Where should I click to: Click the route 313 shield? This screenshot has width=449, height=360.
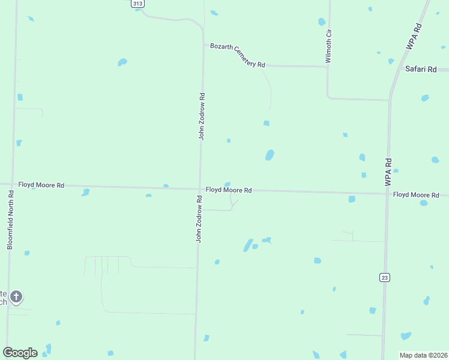138,4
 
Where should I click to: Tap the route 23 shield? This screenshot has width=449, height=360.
384,277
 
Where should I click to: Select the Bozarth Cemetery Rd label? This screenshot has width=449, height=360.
238,56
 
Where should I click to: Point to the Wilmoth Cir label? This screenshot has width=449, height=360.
328,46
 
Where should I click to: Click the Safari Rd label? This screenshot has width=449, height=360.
420,69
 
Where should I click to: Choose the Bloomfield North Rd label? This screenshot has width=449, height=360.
10,220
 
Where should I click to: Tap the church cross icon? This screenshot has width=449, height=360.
17,296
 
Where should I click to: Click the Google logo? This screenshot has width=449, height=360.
20,353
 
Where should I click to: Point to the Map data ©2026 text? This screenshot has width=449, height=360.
424,355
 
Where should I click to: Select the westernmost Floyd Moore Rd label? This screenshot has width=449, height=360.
41,185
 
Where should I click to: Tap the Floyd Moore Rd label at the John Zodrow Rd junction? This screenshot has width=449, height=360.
229,190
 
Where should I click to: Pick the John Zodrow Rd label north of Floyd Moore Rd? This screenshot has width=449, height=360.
202,116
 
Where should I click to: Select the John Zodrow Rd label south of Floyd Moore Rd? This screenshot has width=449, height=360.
199,218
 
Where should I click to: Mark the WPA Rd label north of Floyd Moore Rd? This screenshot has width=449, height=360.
388,170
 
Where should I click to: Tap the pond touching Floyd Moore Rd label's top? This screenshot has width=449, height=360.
228,184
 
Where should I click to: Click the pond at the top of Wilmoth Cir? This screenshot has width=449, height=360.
322,22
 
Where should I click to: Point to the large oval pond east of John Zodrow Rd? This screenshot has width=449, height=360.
270,155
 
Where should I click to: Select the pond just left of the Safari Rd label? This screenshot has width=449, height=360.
391,61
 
